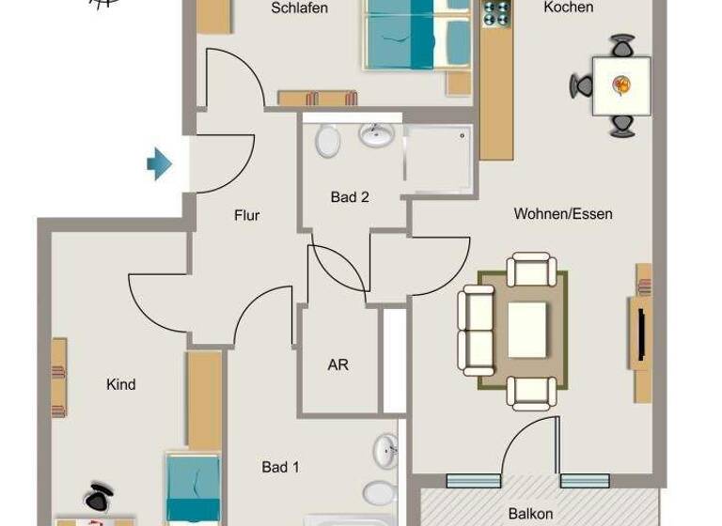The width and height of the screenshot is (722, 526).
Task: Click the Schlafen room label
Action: (299, 8)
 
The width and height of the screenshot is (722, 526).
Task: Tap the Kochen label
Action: (569, 8)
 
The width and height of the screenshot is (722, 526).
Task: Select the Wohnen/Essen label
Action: (563, 214)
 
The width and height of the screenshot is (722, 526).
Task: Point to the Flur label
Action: (246, 215)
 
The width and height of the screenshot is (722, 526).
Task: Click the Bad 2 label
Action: (349, 197)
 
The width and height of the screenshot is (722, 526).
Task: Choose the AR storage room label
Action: (337, 364)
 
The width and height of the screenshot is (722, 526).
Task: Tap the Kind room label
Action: (121, 384)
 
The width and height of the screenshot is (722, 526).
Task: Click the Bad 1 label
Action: (280, 467)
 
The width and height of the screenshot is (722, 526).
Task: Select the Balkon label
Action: (530, 514)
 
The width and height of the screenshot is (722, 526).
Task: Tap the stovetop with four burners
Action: (496, 13)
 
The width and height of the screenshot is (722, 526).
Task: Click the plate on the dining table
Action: (621, 85)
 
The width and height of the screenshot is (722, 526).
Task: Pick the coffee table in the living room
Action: (526, 330)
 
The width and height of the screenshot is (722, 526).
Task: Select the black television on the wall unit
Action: (642, 334)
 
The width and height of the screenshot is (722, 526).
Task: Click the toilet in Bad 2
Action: (328, 142)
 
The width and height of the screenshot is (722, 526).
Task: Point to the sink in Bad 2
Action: (376, 136)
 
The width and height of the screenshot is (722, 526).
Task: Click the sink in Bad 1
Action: (385, 452)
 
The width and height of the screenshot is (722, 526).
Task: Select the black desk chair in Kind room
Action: (98, 496)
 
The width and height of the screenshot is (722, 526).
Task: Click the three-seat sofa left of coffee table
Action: (477, 331)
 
